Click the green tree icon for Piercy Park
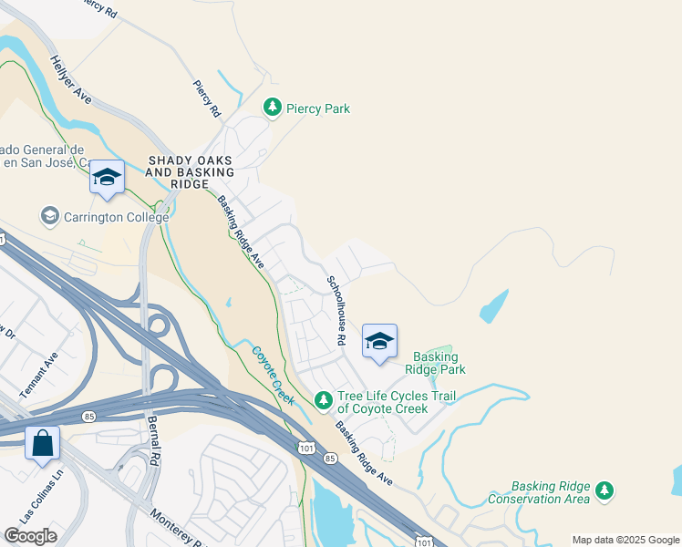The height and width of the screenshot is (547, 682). click(272, 108)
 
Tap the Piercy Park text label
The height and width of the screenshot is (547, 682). click(318, 109)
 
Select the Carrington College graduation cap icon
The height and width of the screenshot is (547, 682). click(49, 217)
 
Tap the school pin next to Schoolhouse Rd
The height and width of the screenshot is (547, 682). click(379, 343)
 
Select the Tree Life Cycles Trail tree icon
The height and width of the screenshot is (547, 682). click(323, 400)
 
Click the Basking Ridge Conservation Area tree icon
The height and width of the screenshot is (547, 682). click(604, 491)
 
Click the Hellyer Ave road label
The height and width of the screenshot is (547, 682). click(72, 80)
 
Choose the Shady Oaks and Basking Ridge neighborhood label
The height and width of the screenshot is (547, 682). click(197, 172)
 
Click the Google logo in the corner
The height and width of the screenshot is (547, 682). click(30, 536)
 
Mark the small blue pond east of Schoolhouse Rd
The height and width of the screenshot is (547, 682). click(493, 307)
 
